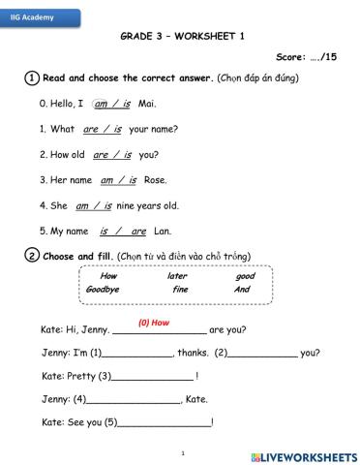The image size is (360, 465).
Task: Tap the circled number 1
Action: point(32,78)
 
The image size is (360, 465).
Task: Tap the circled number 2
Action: point(32,256)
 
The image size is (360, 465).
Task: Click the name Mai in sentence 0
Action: point(148,104)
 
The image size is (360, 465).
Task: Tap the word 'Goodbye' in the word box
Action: point(103,289)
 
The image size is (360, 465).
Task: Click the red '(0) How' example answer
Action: point(154,322)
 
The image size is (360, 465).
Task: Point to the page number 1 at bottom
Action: point(182,452)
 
